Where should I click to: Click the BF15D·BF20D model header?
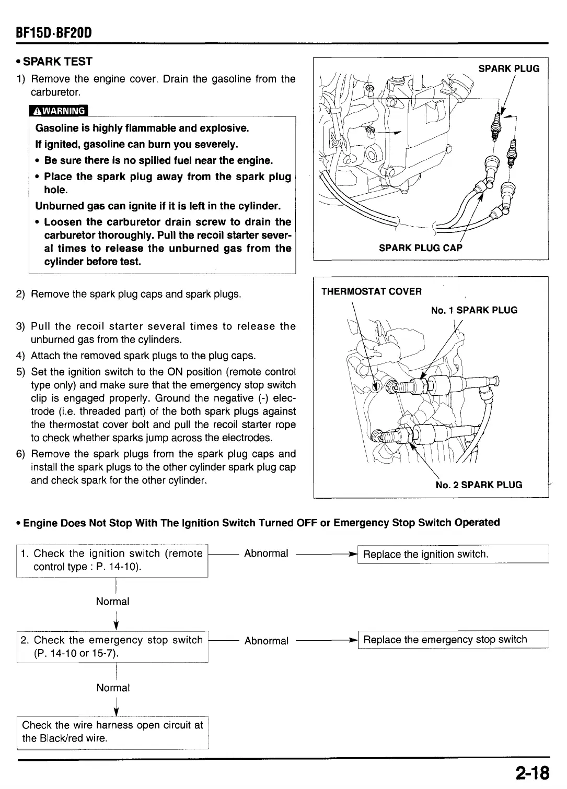click(x=54, y=33)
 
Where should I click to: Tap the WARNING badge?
click(x=59, y=111)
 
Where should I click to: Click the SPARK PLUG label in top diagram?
click(x=508, y=68)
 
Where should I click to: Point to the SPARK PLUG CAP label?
click(x=421, y=248)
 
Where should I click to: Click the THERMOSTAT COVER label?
click(x=371, y=291)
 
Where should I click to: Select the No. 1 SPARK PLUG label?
click(x=474, y=310)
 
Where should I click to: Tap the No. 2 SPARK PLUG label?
click(x=479, y=485)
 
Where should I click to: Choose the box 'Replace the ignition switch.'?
click(x=453, y=554)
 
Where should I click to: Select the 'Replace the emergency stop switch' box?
click(x=453, y=640)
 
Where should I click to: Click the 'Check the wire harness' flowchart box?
click(x=113, y=732)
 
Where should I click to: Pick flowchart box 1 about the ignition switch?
click(x=112, y=560)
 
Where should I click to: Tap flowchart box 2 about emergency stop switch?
click(x=112, y=646)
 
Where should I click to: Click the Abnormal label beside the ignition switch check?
click(x=266, y=554)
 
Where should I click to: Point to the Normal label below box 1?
click(x=112, y=602)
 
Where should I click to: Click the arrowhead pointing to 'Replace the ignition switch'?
click(x=353, y=554)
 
